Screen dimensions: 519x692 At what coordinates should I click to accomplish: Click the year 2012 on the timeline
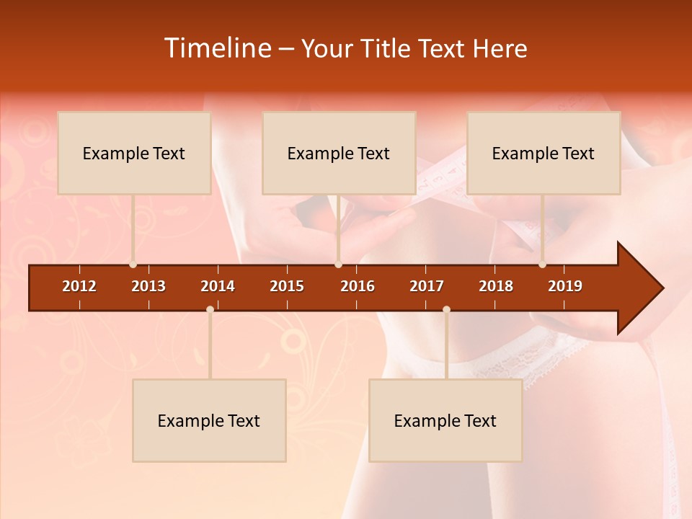pyautogui.click(x=79, y=286)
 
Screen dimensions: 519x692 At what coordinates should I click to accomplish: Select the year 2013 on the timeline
pyautogui.click(x=148, y=286)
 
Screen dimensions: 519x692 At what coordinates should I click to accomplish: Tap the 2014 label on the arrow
pyautogui.click(x=218, y=286)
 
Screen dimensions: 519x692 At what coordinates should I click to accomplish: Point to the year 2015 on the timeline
pyautogui.click(x=287, y=286)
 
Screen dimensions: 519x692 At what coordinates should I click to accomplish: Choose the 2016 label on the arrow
pyautogui.click(x=358, y=286)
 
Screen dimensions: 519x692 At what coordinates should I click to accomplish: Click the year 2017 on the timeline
pyautogui.click(x=427, y=286)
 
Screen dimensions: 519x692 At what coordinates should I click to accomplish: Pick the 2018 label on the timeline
pyautogui.click(x=496, y=286)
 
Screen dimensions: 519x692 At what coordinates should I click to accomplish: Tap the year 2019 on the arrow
pyautogui.click(x=565, y=286)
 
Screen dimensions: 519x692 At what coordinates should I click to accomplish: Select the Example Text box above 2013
pyautogui.click(x=134, y=153)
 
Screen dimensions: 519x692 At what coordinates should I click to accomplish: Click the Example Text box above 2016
pyautogui.click(x=339, y=153)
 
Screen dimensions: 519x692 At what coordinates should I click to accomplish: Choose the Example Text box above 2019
pyautogui.click(x=544, y=153)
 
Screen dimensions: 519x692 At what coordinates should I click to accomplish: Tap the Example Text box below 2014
pyautogui.click(x=209, y=420)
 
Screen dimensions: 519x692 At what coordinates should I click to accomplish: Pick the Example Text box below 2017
pyautogui.click(x=445, y=420)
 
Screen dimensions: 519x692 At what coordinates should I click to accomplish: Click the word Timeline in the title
pyautogui.click(x=217, y=48)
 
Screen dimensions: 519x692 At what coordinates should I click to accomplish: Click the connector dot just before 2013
pyautogui.click(x=133, y=265)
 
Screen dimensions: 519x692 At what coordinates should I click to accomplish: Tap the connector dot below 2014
pyautogui.click(x=210, y=310)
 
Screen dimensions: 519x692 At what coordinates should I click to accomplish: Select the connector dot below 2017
pyautogui.click(x=446, y=310)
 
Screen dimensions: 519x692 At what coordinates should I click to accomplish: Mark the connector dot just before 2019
pyautogui.click(x=542, y=265)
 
